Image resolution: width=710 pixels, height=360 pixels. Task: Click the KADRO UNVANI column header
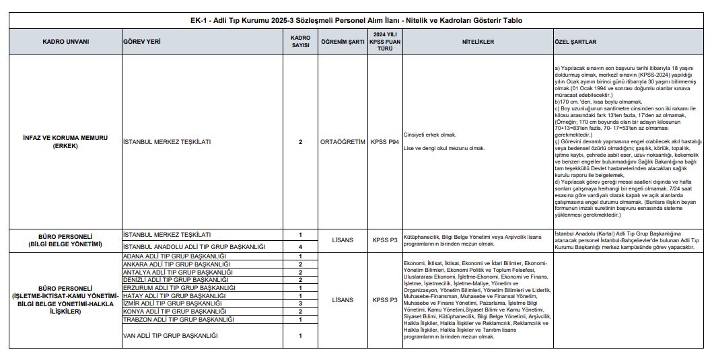[65, 42]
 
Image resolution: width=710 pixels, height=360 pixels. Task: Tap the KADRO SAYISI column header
[300, 42]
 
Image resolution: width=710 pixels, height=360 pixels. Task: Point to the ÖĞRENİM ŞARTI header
[343, 42]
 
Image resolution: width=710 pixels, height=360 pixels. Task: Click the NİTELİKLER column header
[478, 42]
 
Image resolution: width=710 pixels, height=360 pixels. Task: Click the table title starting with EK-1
[356, 20]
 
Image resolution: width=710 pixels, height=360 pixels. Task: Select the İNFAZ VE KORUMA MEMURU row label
[65, 142]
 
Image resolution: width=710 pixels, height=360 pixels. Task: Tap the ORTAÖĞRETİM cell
[343, 142]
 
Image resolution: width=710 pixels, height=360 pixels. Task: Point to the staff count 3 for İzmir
[300, 303]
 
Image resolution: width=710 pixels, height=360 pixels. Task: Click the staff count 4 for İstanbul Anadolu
[300, 247]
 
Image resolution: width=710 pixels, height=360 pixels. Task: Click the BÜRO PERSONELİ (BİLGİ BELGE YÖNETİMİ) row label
[65, 240]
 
